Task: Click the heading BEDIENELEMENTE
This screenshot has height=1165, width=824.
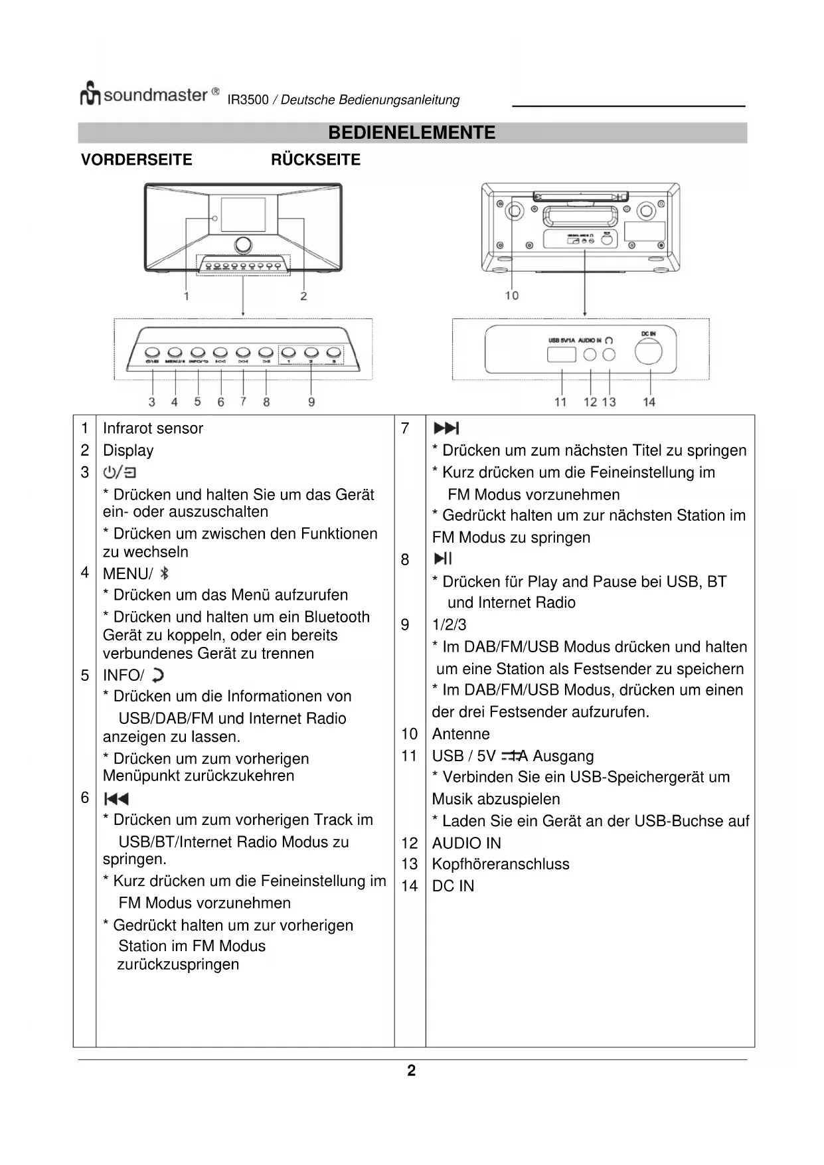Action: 412,133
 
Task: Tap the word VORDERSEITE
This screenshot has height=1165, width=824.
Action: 136,160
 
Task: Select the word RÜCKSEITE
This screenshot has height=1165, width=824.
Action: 315,160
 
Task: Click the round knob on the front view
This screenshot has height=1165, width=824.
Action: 243,244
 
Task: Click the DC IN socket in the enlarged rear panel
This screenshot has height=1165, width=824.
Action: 648,352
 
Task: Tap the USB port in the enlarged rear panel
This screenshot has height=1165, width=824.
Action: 561,355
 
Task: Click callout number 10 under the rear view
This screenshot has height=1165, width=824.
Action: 511,295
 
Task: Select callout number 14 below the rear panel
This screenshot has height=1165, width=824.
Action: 649,402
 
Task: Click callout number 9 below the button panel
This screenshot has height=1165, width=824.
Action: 311,402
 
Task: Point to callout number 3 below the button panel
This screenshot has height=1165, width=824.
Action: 152,402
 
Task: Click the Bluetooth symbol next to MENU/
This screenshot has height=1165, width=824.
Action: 165,573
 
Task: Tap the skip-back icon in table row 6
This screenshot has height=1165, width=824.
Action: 116,798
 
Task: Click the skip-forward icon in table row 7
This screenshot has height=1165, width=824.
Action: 446,428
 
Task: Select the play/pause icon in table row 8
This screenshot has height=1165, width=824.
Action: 443,559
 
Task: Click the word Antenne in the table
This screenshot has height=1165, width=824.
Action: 461,734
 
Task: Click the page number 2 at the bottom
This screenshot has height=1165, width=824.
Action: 412,1071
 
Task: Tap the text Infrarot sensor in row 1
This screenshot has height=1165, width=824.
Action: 153,428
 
